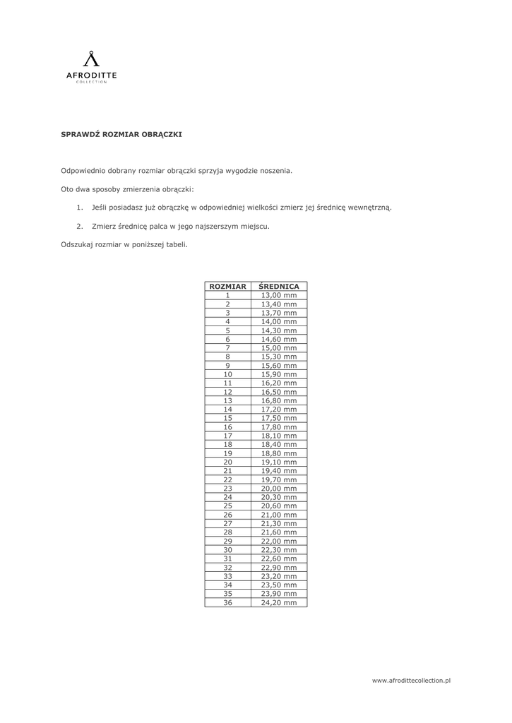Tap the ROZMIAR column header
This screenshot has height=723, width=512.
[227, 286]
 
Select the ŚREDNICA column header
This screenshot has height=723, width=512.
[279, 286]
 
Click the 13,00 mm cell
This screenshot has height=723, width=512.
[279, 295]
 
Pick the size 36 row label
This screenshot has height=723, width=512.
[227, 602]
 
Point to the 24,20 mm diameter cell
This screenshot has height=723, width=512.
[279, 602]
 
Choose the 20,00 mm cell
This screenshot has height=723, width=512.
[279, 488]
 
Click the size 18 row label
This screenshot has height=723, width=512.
[227, 444]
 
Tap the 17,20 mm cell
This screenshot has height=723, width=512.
[279, 409]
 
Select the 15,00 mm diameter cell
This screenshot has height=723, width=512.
[279, 347]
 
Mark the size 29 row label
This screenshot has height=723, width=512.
[227, 541]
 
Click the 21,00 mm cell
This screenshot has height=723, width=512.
[279, 515]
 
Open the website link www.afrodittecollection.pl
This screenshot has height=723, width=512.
[411, 679]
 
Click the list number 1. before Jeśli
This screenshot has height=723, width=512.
[79, 208]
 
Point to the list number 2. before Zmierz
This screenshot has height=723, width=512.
[79, 227]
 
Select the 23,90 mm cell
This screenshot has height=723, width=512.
[279, 594]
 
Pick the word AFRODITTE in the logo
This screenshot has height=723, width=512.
[92, 75]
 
